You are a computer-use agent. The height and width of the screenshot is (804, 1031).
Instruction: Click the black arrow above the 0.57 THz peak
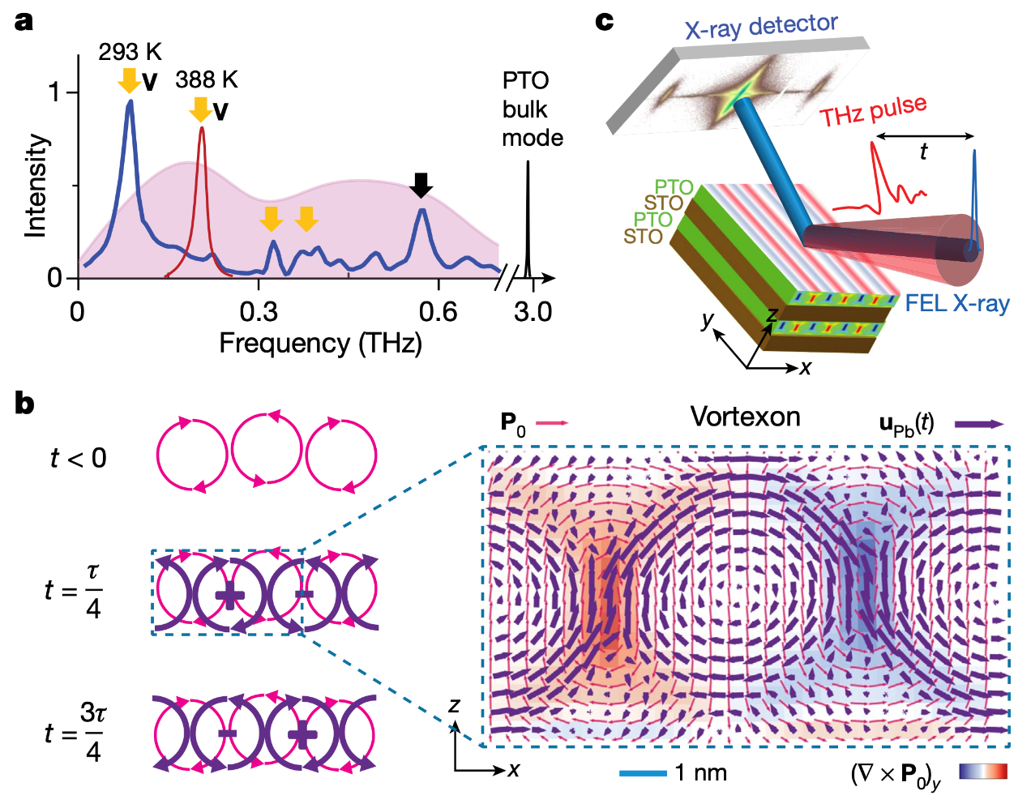421,185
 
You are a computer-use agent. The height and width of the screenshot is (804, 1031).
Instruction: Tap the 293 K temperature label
130,53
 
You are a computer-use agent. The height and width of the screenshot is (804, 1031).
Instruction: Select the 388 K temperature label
207,80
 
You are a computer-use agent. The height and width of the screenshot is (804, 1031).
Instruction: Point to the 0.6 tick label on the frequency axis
438,312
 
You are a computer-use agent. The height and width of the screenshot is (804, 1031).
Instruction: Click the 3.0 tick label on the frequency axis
533,312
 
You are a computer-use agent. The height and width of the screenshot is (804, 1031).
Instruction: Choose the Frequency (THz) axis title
320,344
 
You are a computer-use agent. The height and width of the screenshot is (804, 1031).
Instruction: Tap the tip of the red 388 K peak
202,128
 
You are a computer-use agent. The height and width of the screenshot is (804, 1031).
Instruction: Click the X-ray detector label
761,27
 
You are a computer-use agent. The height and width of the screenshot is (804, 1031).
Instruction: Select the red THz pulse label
873,112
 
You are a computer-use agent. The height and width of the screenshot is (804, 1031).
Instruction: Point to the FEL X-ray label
957,304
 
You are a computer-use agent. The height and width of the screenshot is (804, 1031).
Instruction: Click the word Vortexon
745,417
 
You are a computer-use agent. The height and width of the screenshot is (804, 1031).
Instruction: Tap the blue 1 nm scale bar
643,773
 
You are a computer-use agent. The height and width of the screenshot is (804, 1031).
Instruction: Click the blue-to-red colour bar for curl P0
983,772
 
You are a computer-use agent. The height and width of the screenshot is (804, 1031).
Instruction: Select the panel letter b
24,404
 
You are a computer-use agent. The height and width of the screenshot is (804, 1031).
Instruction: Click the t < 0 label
78,459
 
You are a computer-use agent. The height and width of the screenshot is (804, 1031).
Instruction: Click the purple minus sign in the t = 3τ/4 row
228,733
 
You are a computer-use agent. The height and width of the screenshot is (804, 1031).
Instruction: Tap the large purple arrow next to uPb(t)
979,423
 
